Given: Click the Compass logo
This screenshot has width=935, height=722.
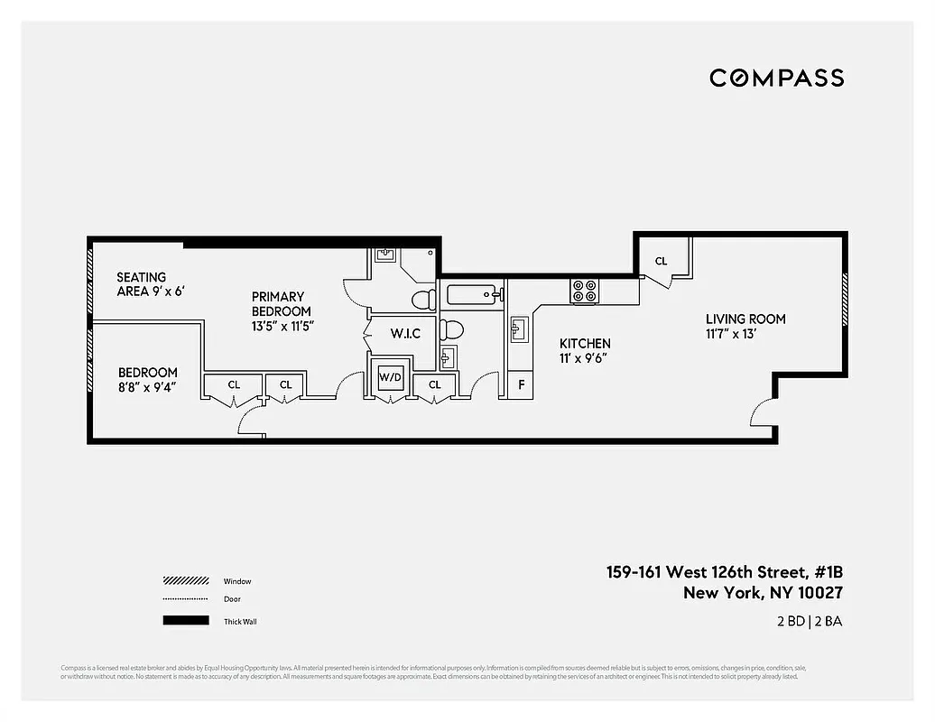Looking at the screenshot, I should (776, 78).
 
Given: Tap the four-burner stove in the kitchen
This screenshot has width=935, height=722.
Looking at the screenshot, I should (584, 291).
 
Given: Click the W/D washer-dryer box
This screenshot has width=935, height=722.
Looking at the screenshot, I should (390, 375).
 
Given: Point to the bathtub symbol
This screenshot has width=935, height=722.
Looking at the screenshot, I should (469, 293).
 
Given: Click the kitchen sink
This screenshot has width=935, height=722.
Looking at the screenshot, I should (520, 329).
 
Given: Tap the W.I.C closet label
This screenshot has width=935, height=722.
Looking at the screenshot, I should (405, 334).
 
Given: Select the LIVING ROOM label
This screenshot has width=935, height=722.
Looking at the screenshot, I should (745, 319).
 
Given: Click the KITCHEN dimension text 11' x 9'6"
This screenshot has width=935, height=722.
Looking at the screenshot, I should (584, 357).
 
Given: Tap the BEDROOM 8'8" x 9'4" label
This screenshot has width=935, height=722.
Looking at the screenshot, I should (147, 380).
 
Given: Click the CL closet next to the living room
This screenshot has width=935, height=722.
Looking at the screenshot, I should (661, 261).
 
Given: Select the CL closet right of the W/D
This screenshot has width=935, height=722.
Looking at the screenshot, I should (435, 384).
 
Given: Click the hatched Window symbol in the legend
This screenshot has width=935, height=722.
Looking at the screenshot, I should (186, 581).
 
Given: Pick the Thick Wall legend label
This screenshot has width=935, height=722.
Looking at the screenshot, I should (240, 621).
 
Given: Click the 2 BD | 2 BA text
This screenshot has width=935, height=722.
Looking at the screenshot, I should (808, 621).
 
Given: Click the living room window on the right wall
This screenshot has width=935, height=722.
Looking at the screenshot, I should (845, 300).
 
